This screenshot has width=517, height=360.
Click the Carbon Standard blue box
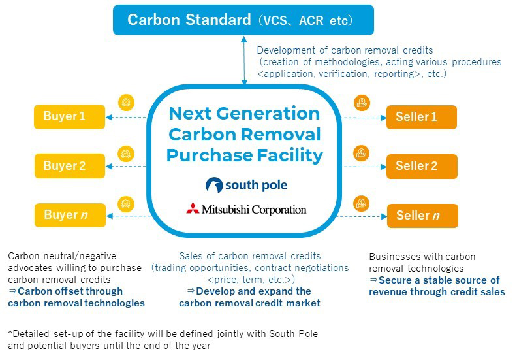[x=243, y=20]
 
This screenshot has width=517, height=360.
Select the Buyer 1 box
[x=70, y=117]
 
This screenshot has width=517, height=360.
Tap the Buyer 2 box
[x=70, y=166]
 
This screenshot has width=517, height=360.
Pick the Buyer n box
[x=70, y=215]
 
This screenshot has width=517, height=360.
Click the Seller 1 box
[x=422, y=117]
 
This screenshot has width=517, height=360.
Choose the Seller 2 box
[x=422, y=167]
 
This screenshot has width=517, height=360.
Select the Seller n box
[x=422, y=216]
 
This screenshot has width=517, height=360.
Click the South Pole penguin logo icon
[x=214, y=185]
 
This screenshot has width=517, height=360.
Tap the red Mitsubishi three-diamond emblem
[x=193, y=208]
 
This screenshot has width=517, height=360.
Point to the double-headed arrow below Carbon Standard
[x=244, y=60]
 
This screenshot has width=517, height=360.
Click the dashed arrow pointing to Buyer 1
[x=126, y=117]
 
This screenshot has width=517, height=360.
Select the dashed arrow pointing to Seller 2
[x=365, y=167]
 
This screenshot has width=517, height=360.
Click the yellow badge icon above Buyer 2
[x=126, y=154]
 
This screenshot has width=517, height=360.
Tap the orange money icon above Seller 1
[x=362, y=103]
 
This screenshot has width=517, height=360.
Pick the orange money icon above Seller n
[x=362, y=204]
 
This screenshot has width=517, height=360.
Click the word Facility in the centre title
[x=290, y=155]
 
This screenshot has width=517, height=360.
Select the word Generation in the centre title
[x=268, y=114]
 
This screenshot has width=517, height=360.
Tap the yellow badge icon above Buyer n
[x=126, y=204]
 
